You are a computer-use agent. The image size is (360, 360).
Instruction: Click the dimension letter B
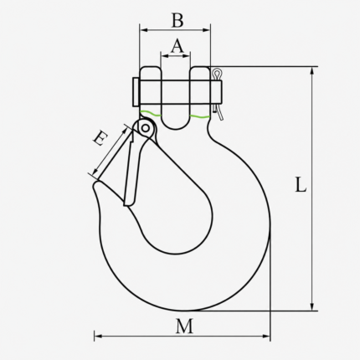pos(177,20)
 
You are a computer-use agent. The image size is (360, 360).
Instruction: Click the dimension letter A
pos(177,46)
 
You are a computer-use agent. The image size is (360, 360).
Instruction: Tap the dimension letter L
pos(301,185)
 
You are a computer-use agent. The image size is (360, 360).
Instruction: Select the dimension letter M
pos(184,327)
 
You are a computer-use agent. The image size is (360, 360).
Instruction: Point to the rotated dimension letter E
pos(100,139)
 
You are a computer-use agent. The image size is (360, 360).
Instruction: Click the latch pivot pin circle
pos(145,128)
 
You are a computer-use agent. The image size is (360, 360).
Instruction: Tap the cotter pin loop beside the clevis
pos(216,74)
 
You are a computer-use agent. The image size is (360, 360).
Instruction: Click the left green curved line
pos(151,113)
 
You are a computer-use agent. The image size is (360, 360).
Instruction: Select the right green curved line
pos(199,116)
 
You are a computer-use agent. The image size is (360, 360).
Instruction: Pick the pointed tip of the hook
pos(95,185)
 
